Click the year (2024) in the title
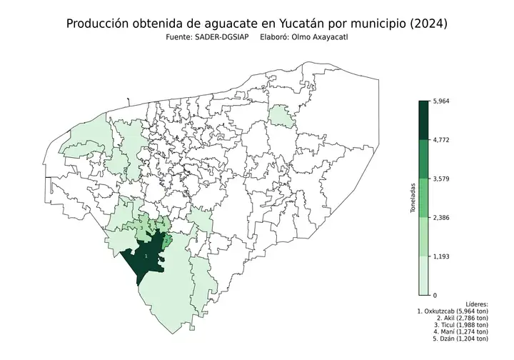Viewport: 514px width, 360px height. click(424, 24)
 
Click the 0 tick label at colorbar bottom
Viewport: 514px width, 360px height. click(435, 294)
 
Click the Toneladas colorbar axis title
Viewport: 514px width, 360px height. click(413, 198)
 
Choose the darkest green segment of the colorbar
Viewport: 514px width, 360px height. click(423, 120)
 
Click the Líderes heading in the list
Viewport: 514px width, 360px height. click(475, 304)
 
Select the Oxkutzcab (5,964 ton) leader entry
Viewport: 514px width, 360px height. click(453, 313)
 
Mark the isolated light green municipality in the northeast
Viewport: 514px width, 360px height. click(281, 116)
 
